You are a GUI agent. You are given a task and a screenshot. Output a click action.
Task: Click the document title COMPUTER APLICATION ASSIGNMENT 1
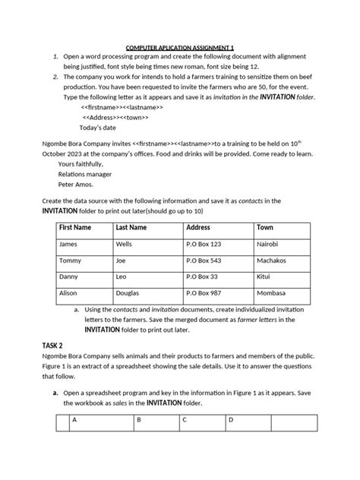[x=180, y=47]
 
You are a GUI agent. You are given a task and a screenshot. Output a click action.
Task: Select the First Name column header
[x=75, y=228]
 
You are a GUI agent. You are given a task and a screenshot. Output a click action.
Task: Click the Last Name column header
[x=131, y=228]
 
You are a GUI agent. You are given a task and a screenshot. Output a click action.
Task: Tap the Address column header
[x=198, y=228]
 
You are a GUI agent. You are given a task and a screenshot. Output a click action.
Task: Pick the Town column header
[x=265, y=228]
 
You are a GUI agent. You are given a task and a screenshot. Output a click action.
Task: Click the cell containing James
[x=68, y=245]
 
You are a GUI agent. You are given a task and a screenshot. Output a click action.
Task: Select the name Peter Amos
[x=76, y=183]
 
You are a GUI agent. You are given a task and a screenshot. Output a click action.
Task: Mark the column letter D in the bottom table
[x=231, y=420]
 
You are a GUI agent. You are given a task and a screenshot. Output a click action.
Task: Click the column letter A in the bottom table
[x=74, y=420]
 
